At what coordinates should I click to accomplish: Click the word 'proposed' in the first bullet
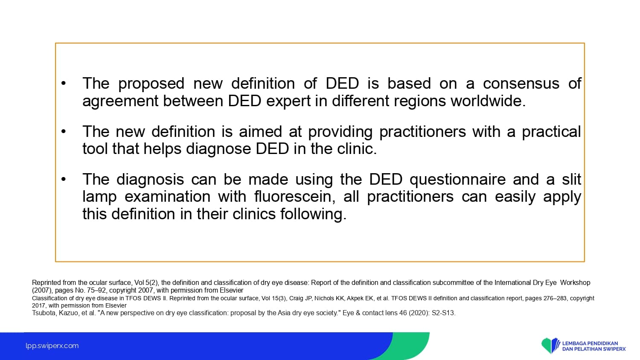[151, 84]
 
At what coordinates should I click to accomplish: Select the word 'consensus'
[521, 84]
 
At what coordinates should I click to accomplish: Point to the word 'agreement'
[120, 102]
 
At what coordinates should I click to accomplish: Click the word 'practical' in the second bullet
[551, 132]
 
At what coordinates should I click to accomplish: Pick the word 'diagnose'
[218, 149]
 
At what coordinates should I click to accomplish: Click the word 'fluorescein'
[295, 197]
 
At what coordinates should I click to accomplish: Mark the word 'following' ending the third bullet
[313, 214]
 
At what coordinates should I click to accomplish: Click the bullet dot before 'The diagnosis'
[64, 180]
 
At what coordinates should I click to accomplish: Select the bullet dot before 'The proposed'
[64, 84]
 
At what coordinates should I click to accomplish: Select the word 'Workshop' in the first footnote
[575, 283]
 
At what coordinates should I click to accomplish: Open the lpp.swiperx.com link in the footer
[52, 346]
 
